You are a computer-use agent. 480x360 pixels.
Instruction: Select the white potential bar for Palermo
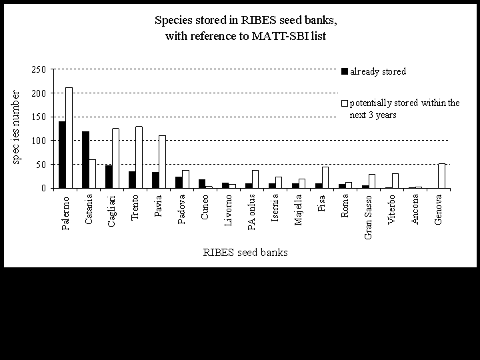coord(69,138)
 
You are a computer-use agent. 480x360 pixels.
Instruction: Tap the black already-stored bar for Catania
coord(85,160)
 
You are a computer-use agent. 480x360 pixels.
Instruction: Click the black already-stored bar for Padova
coord(179,182)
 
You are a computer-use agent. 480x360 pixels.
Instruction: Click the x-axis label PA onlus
coord(252,213)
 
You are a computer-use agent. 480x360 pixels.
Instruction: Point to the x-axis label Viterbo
coord(392,211)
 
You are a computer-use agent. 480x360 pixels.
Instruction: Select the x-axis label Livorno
coord(229,211)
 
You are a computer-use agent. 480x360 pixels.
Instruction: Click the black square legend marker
coord(344,71)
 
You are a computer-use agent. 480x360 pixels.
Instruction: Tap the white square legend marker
coord(344,103)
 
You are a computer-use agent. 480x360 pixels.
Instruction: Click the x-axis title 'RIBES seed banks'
coord(245,252)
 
